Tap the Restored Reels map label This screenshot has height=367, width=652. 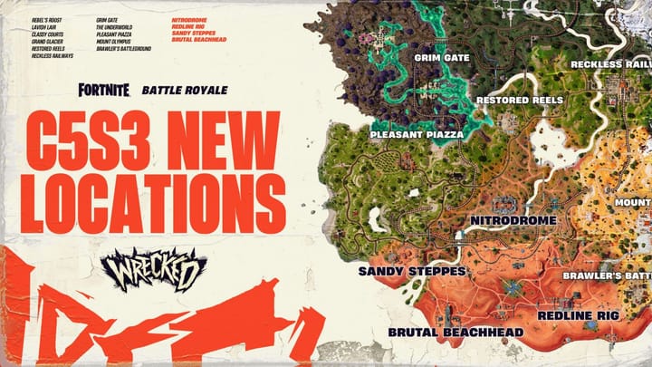coord(520,100)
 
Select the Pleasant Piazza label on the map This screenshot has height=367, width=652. coord(417,134)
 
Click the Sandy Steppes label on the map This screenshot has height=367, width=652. coord(412,270)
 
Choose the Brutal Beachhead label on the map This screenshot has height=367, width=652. coord(455,333)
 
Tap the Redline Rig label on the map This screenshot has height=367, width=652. coord(578,314)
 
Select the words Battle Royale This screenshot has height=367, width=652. coord(185,91)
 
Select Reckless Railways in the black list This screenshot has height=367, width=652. coord(52,55)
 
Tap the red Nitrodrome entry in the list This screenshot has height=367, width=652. coord(189,17)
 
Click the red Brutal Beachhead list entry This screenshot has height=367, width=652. coord(197,41)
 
